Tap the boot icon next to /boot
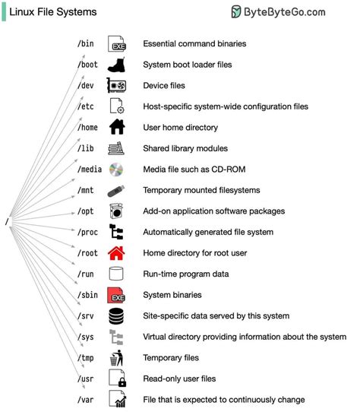(116, 65)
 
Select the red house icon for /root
(116, 253)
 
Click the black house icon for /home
(116, 128)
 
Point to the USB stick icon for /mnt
(116, 190)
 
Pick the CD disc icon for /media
(116, 170)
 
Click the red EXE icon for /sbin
(116, 295)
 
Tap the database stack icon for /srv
(116, 315)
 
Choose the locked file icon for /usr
(116, 379)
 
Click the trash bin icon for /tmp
(116, 357)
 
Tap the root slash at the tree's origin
(7, 222)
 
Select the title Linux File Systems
(52, 12)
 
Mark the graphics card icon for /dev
(116, 86)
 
